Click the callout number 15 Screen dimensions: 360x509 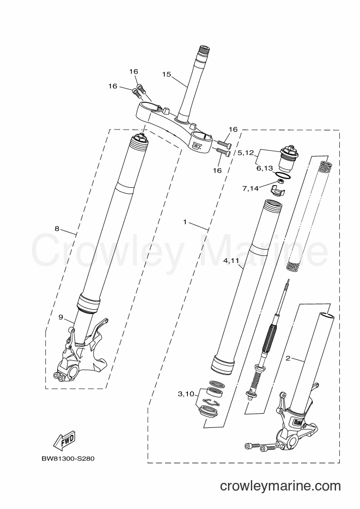(166, 75)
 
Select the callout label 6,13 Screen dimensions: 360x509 (265, 168)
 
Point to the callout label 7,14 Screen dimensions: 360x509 (251, 188)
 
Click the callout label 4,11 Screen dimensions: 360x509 (231, 260)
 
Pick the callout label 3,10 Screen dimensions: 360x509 (186, 394)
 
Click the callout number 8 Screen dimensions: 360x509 (57, 229)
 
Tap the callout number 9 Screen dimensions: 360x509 (60, 317)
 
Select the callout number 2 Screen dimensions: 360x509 (288, 358)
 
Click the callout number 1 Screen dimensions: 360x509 (185, 222)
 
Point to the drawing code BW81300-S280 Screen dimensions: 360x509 (68, 459)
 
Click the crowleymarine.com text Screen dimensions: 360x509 (280, 486)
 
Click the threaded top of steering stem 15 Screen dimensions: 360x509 (205, 50)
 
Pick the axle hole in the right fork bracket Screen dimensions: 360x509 (292, 441)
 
